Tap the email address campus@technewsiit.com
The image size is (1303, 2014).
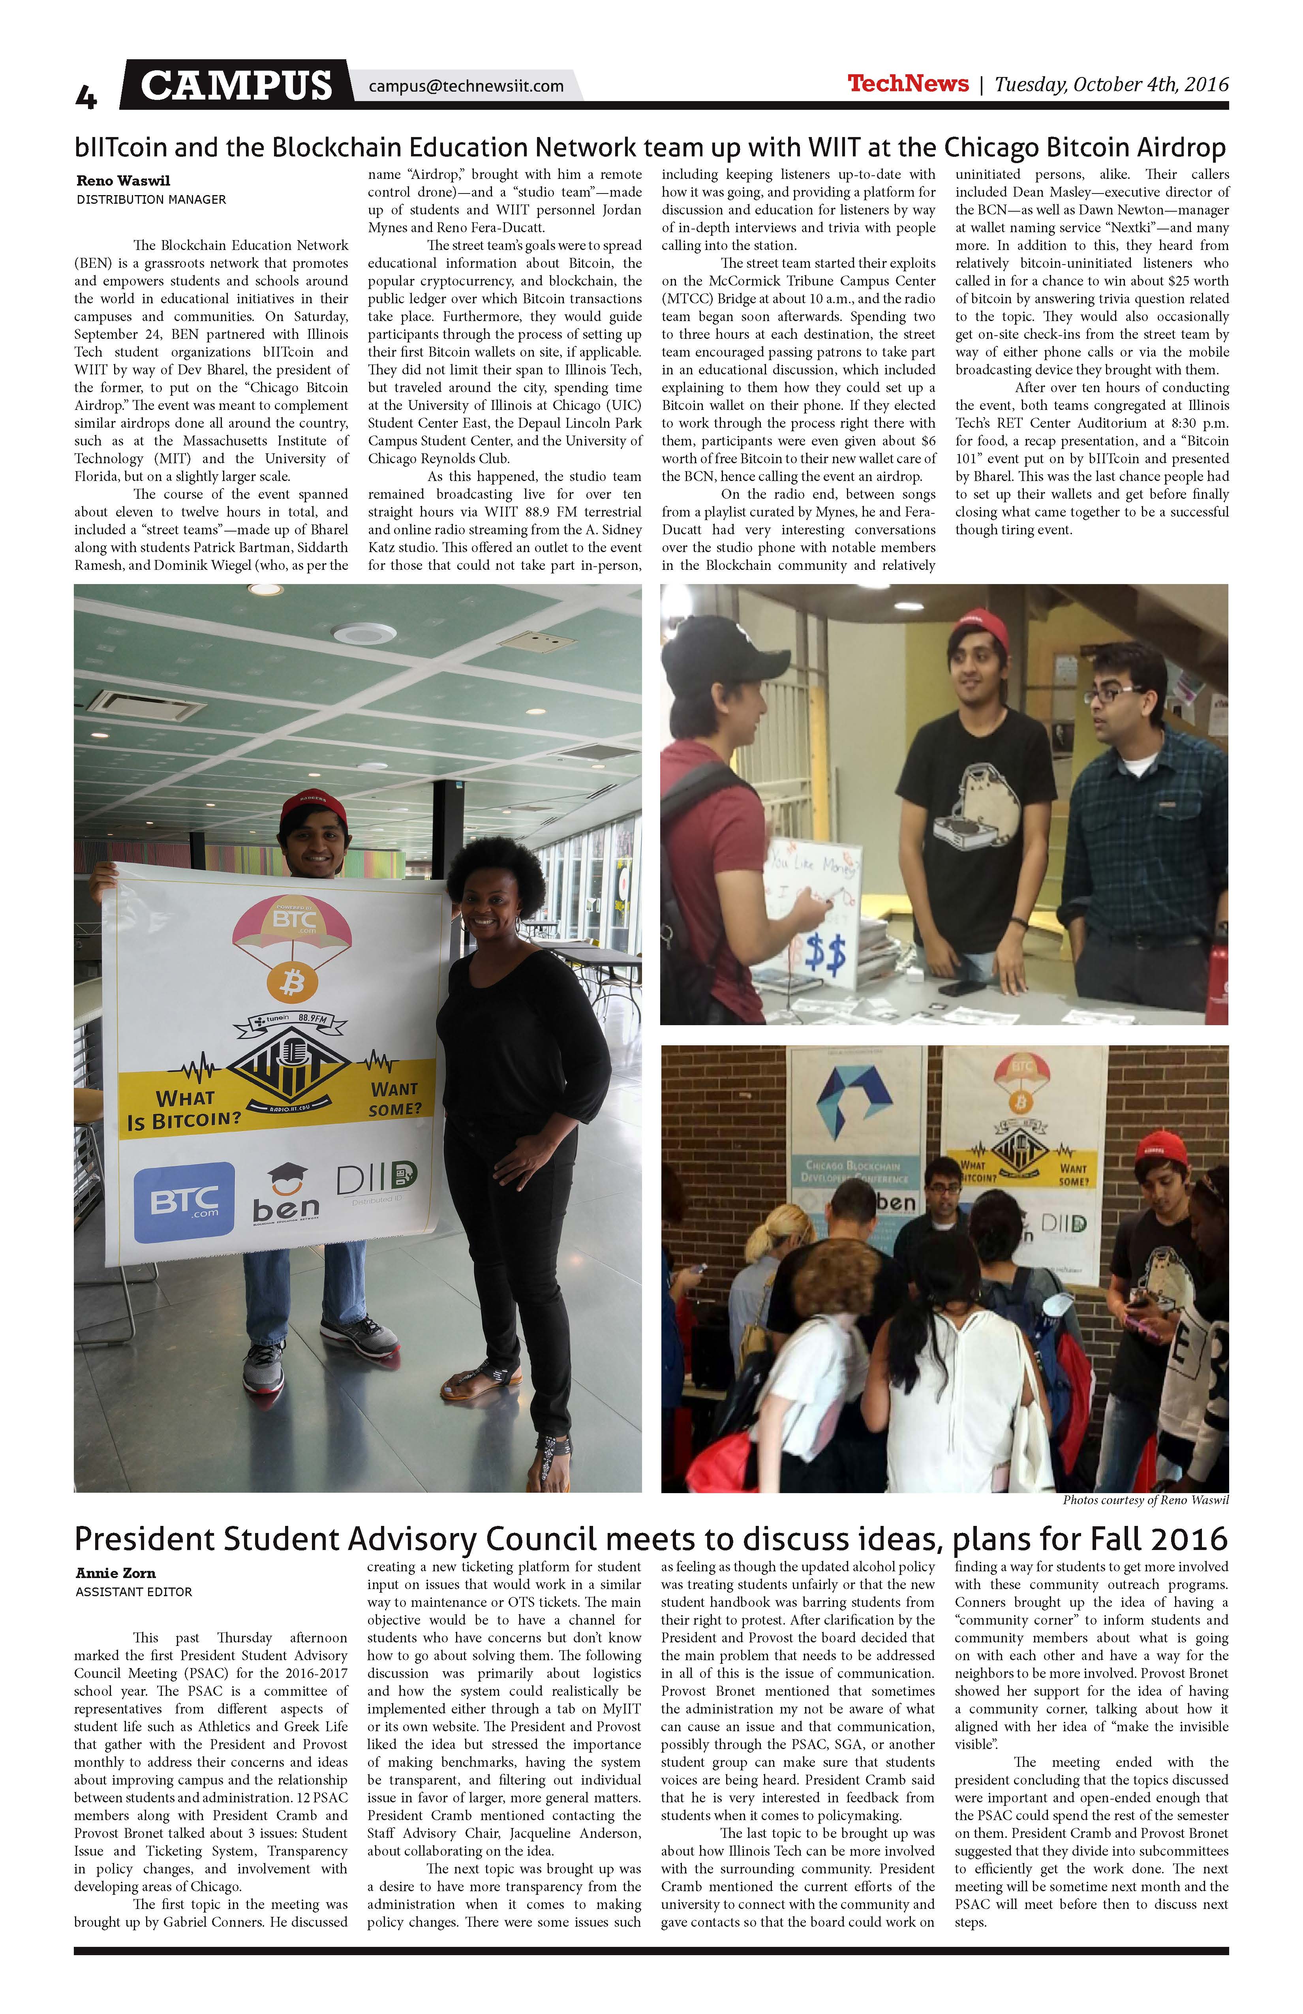466,85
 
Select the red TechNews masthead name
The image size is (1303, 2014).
908,83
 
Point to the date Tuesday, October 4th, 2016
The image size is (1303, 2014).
1111,84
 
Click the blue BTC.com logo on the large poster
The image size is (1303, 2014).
184,1202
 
